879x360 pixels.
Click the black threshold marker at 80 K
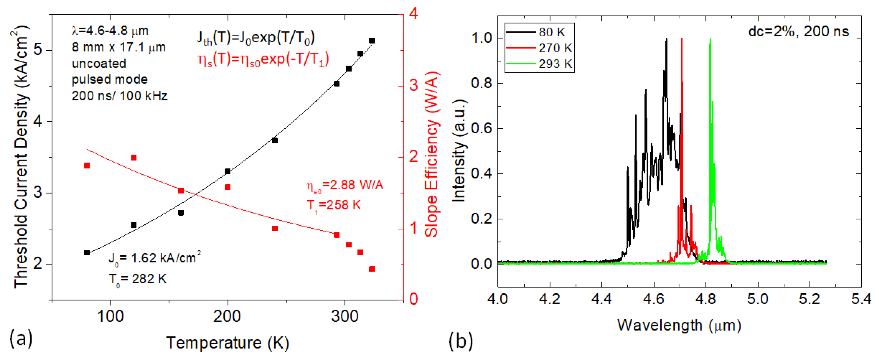(87, 252)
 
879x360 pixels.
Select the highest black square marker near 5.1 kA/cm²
(372, 41)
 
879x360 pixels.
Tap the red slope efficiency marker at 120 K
(134, 157)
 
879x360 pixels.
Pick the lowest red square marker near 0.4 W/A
(372, 269)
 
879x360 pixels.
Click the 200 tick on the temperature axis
(227, 316)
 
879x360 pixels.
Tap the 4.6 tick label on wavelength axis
(653, 299)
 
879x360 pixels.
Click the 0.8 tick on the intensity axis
(481, 83)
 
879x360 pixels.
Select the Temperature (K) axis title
(228, 343)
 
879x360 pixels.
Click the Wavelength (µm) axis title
(679, 325)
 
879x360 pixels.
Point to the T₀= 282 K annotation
(137, 279)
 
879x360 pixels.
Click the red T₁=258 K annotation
(333, 205)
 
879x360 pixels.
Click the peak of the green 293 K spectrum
(710, 39)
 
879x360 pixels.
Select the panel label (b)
(461, 341)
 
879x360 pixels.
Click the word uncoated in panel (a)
(99, 64)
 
